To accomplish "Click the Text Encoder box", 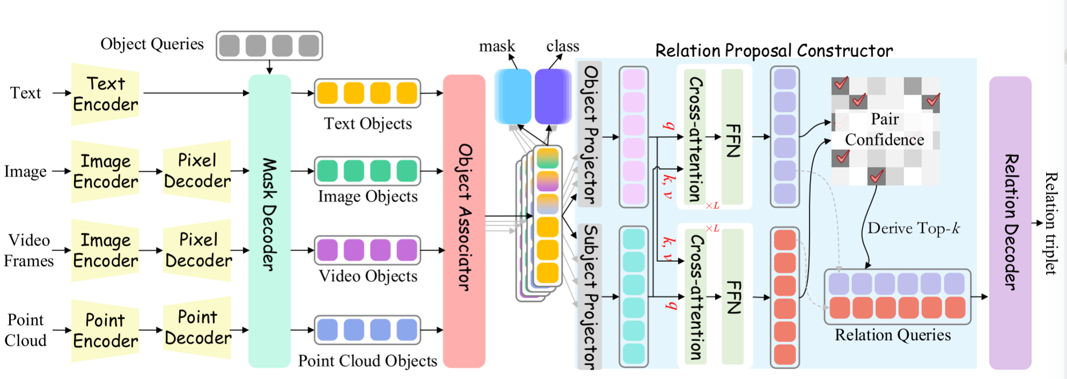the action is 105,94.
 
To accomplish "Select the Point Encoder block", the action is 105,330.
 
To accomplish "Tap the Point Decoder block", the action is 197,328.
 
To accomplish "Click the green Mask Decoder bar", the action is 269,221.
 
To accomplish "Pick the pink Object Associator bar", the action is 464,221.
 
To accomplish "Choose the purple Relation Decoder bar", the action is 1010,223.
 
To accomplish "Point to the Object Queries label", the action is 152,44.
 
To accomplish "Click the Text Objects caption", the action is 368,124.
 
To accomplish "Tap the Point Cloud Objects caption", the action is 368,361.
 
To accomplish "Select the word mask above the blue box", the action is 497,47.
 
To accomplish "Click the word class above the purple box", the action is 563,46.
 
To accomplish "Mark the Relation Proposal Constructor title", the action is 774,51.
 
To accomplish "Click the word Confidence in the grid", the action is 885,140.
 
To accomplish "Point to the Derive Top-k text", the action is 914,229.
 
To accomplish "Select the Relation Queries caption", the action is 893,335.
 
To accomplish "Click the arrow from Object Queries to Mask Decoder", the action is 269,67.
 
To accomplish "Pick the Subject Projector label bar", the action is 590,297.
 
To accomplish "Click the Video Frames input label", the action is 29,251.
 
